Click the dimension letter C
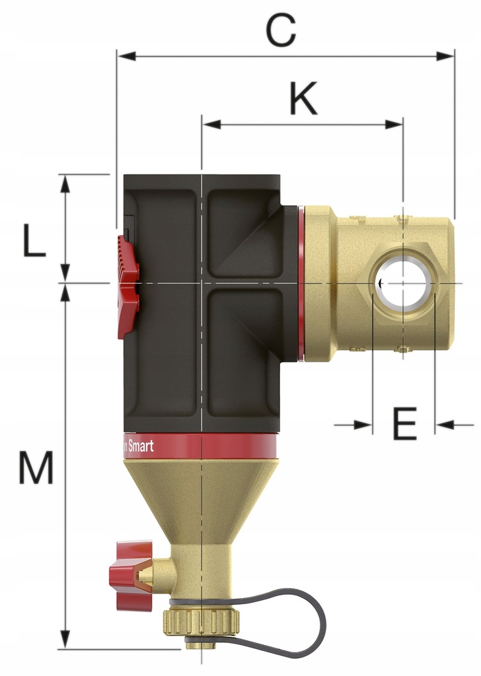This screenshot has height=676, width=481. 280,31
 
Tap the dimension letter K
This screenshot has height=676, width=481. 303,100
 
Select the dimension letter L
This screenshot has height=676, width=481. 34,242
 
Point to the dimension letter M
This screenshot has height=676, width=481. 35,469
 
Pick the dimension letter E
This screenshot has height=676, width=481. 404,424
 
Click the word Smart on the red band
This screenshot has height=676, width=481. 139,446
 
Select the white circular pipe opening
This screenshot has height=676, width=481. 403,283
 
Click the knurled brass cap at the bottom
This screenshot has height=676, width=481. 201,621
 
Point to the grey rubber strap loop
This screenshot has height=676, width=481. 311,617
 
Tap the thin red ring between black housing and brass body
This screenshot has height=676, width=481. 301,284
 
